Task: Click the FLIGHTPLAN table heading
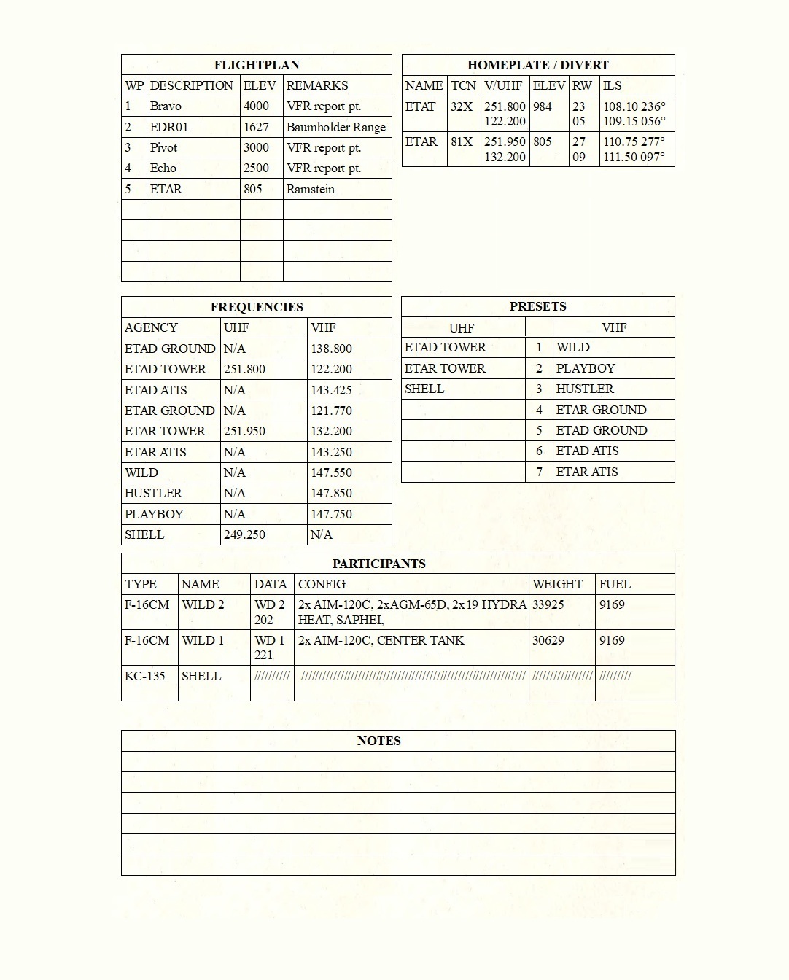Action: [x=256, y=65]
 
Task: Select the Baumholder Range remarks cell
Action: [x=335, y=127]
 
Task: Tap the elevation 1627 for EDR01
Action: [x=256, y=127]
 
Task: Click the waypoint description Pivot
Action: [x=163, y=147]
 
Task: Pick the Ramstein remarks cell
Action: [x=310, y=189]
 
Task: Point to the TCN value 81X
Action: [x=462, y=141]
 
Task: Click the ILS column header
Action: [x=613, y=85]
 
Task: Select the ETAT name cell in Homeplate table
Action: [x=420, y=106]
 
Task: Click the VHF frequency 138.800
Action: [x=331, y=349]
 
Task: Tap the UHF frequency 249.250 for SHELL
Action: [x=244, y=534]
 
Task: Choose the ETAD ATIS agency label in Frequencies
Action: [x=155, y=390]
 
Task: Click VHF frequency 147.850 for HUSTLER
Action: [x=331, y=493]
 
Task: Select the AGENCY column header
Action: [x=151, y=327]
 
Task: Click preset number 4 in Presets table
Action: [x=539, y=410]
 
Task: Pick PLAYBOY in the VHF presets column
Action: [x=586, y=368]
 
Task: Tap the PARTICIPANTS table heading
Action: [x=378, y=564]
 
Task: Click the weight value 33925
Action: [x=548, y=604]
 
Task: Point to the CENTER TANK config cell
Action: [x=381, y=640]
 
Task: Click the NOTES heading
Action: [x=378, y=741]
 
